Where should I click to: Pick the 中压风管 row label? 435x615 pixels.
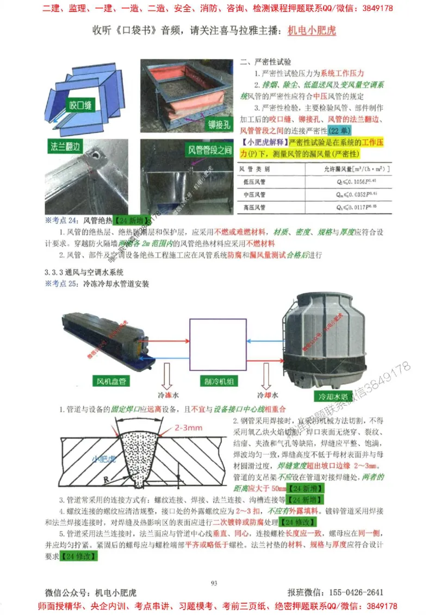(253, 194)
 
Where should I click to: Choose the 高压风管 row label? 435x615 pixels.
(253, 207)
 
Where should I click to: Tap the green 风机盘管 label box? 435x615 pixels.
(111, 381)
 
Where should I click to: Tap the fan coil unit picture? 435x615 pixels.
(107, 340)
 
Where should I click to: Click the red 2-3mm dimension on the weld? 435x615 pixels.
(189, 428)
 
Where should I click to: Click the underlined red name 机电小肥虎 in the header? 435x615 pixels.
(312, 30)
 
